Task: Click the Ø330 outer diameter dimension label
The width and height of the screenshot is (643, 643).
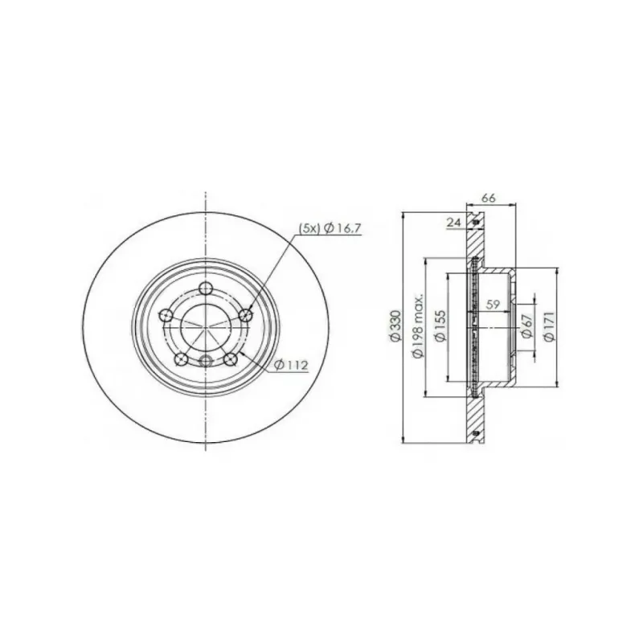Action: click(395, 326)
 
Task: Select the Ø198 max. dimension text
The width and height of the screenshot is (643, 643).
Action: click(418, 326)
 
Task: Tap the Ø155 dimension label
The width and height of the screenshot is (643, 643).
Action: click(440, 326)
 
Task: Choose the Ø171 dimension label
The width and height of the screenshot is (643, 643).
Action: click(549, 326)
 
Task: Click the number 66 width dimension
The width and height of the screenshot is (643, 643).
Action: click(488, 198)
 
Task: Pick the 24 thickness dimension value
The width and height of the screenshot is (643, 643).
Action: click(453, 223)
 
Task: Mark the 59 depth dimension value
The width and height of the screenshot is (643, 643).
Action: click(493, 305)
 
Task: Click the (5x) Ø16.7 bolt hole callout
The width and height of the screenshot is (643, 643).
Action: click(330, 228)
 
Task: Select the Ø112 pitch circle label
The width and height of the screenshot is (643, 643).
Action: click(292, 365)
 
